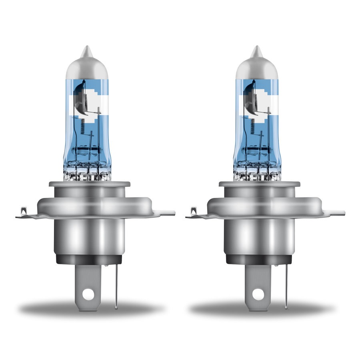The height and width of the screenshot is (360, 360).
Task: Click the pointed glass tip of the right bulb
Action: point(255,51)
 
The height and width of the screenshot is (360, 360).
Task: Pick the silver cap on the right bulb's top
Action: point(255,66)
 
